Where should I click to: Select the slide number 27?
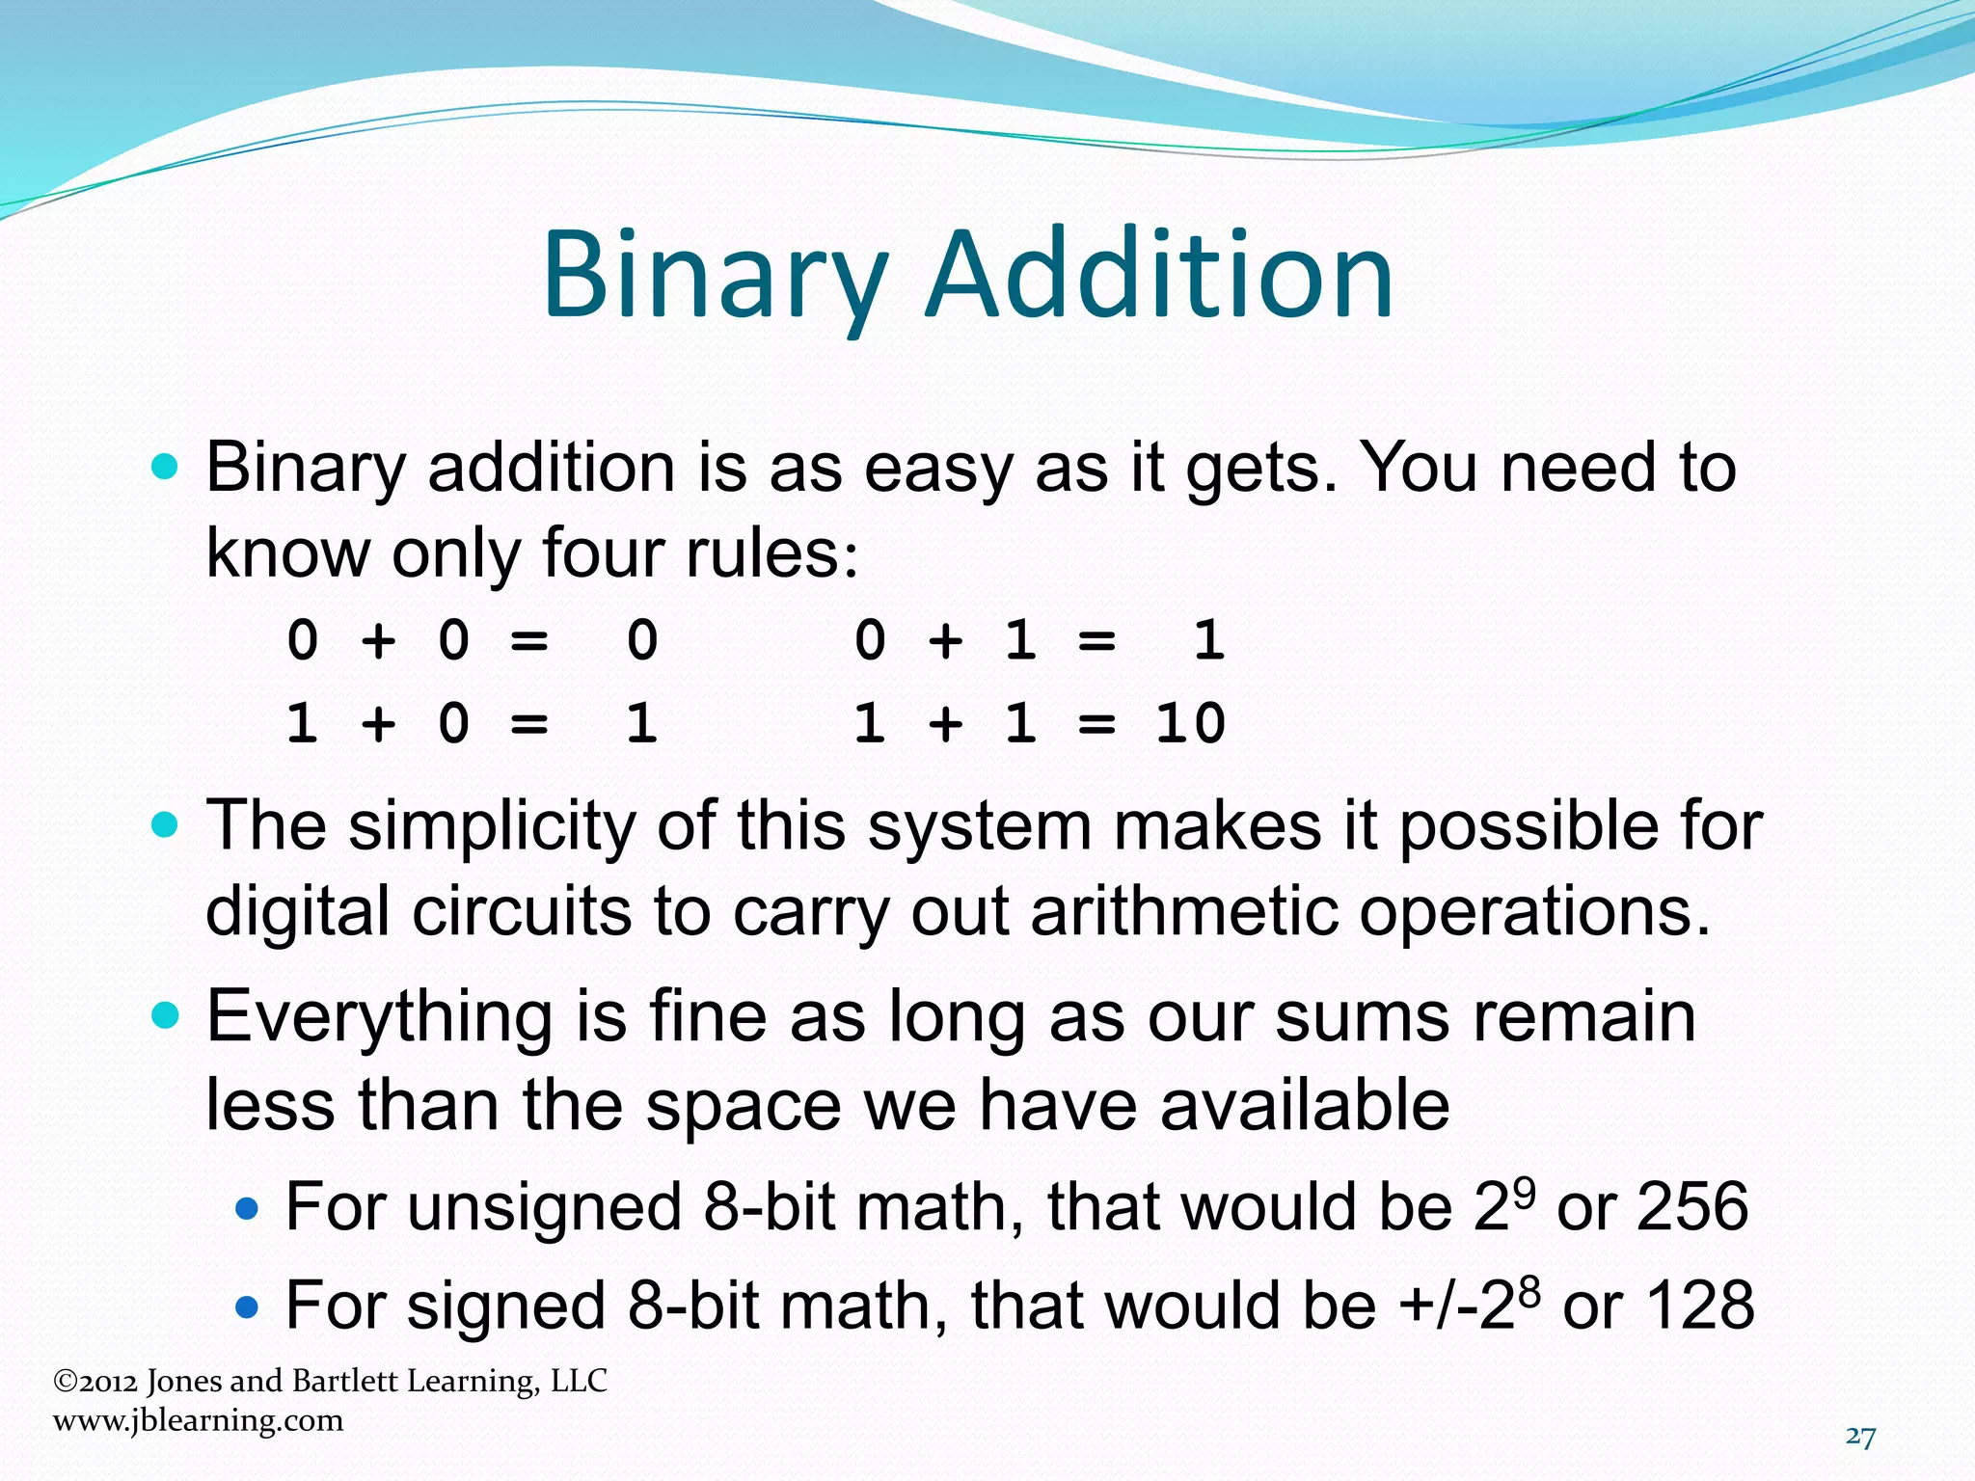click(1860, 1438)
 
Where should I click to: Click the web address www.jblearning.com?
click(198, 1420)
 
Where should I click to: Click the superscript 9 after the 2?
click(1523, 1190)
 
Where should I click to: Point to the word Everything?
click(380, 1016)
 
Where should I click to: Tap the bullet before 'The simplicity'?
click(166, 825)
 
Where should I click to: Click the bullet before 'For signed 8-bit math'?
click(248, 1306)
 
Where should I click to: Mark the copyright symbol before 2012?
click(65, 1382)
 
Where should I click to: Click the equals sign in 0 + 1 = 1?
click(1096, 641)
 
